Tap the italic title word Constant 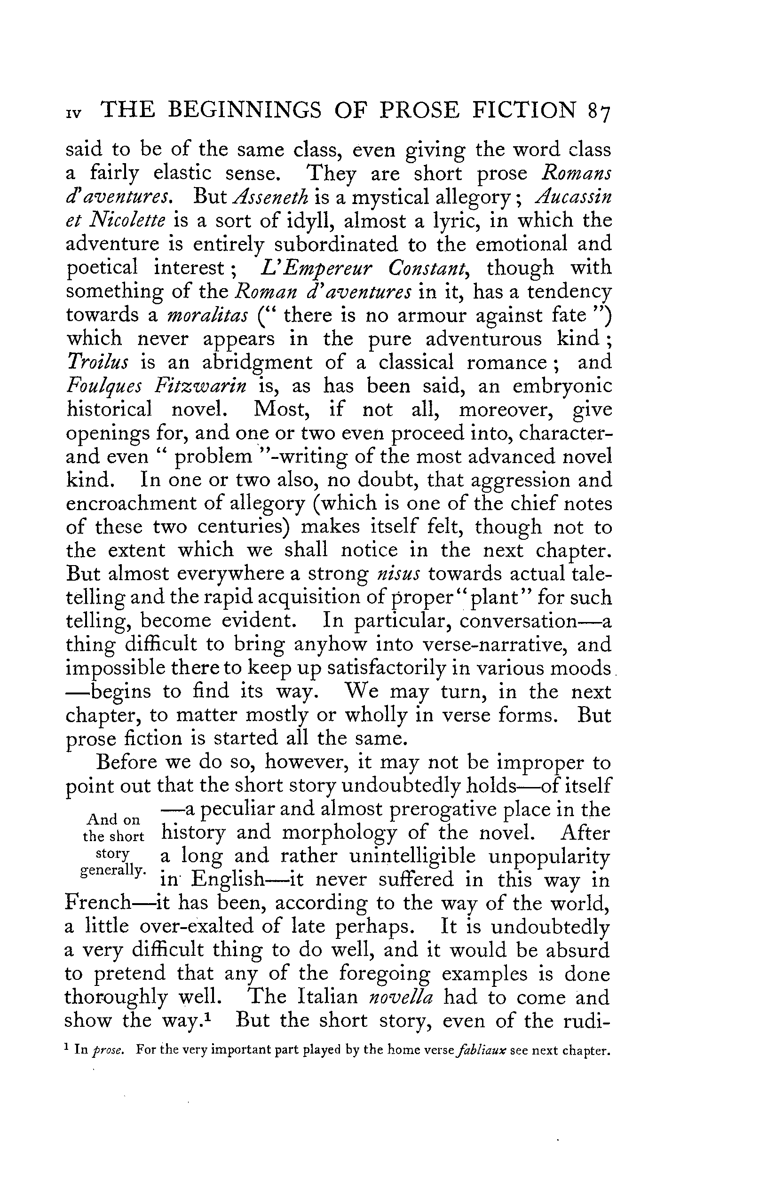point(428,268)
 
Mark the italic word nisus point(399,574)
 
